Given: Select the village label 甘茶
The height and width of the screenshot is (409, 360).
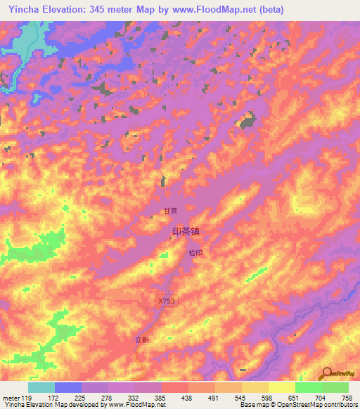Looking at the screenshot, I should click(170, 210).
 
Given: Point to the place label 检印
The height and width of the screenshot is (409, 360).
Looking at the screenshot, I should click(195, 253).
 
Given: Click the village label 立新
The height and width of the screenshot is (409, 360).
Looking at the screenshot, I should click(143, 339).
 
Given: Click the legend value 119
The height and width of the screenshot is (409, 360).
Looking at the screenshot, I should click(27, 398).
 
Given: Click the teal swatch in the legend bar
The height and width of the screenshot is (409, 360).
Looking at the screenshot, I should click(41, 387).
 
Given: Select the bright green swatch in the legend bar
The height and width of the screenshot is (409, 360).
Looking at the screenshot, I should click(308, 387).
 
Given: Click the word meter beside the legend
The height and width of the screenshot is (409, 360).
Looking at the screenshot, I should click(10, 398).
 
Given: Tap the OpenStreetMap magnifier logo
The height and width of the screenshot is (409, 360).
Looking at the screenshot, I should click(328, 373).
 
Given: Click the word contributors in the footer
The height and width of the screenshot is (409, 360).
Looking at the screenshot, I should click(338, 405).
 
